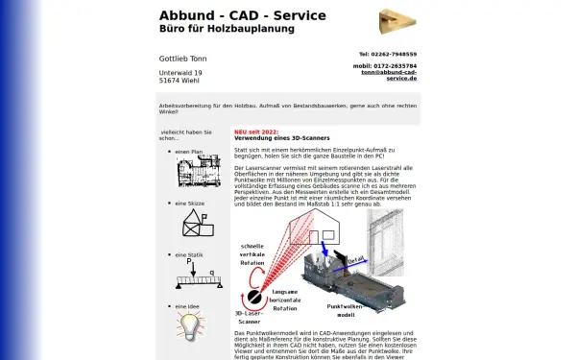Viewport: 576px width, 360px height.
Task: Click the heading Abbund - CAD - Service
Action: tap(242, 15)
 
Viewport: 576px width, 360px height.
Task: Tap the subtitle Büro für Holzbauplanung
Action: tap(227, 29)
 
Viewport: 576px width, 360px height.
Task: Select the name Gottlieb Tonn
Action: tap(182, 59)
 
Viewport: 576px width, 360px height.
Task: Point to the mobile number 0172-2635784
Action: tap(388, 65)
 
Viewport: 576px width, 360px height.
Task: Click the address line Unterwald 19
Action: tap(180, 73)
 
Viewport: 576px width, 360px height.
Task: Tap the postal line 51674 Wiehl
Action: tap(180, 82)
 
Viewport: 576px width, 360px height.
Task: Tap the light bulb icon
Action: tap(188, 324)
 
